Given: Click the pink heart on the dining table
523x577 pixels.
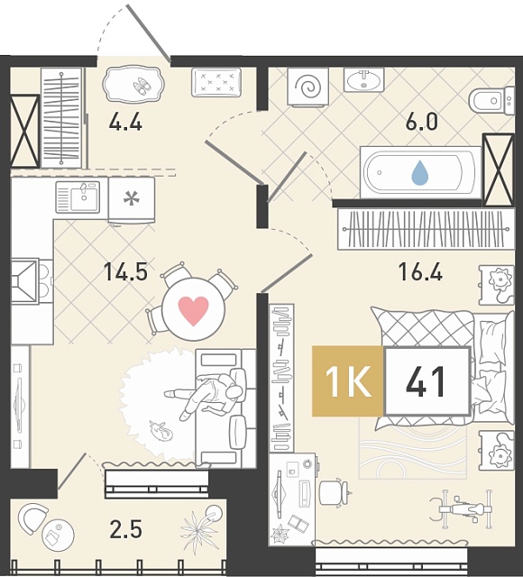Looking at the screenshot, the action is tap(193, 310).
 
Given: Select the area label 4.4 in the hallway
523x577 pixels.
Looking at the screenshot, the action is tap(125, 123).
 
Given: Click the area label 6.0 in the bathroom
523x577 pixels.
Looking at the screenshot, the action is tap(421, 123).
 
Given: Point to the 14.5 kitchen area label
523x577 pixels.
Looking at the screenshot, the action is tap(126, 272).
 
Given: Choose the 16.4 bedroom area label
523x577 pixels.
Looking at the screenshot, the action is tap(420, 272).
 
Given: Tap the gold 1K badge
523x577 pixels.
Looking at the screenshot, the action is tap(347, 381).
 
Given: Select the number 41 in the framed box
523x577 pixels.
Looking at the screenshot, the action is tap(426, 381).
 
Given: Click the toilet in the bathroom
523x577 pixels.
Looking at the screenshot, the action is tap(491, 100).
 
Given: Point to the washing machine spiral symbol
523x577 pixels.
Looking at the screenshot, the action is tap(308, 87).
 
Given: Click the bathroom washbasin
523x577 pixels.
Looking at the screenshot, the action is tap(364, 79).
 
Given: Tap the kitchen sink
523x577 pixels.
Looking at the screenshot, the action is tap(78, 197).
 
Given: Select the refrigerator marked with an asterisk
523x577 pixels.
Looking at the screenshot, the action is tap(132, 200).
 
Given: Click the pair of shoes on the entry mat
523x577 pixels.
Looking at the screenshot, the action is tap(142, 85).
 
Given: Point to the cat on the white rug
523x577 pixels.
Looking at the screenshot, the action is tap(161, 430).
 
